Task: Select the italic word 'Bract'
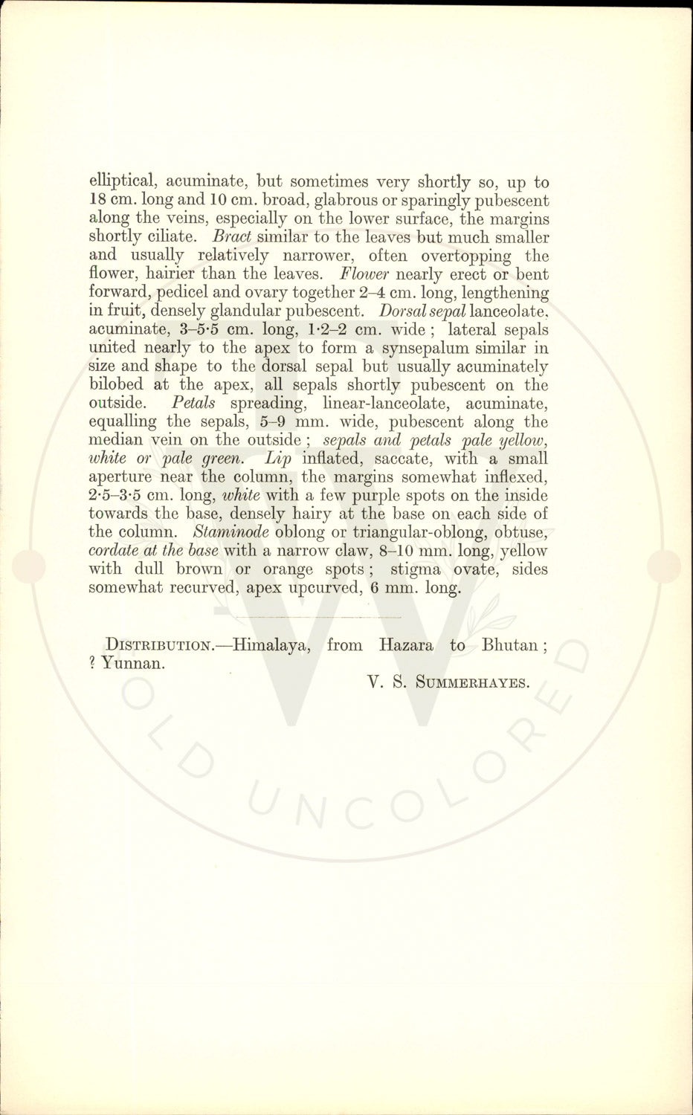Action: click(x=232, y=238)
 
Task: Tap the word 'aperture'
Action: click(x=120, y=477)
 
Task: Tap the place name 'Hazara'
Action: click(x=406, y=645)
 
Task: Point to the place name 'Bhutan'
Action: click(x=510, y=645)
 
